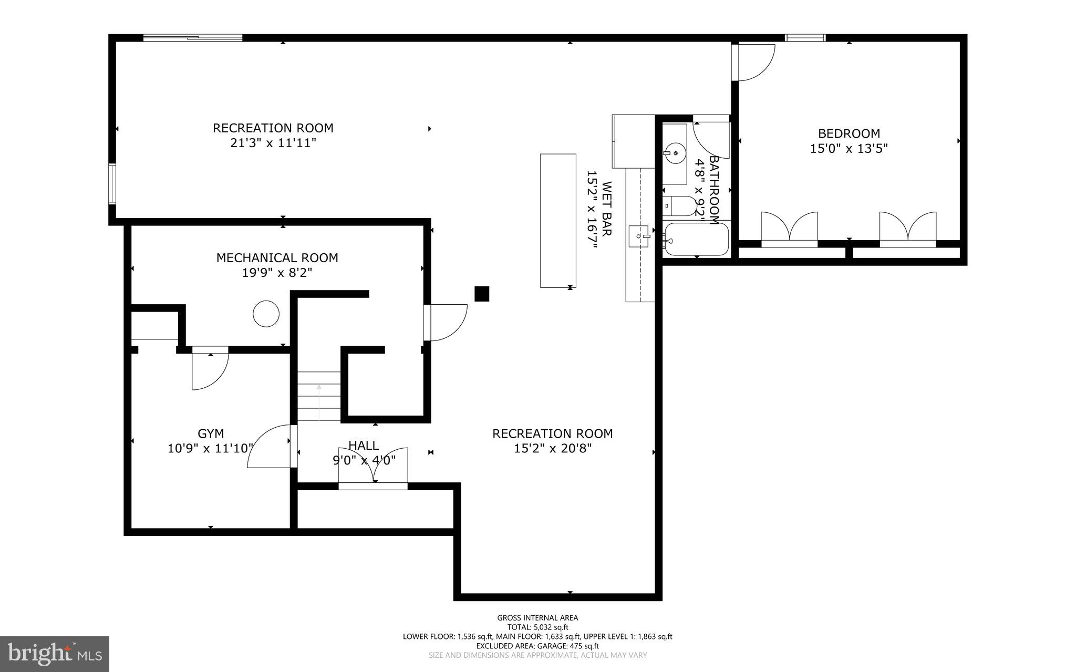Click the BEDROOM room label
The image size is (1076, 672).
point(849,133)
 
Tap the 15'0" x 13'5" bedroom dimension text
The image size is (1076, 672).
point(849,149)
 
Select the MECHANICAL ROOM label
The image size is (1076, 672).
point(277,258)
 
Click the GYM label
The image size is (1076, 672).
point(211,433)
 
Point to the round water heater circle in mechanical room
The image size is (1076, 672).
point(266,314)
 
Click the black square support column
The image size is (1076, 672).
point(482,294)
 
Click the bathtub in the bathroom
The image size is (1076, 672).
point(696,240)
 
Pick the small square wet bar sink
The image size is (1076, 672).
point(640,236)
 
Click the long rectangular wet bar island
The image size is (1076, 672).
point(558,221)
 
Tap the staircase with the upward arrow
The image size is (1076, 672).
point(319,396)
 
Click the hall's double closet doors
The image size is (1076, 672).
point(373,467)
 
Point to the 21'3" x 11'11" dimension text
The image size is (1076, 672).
point(273,143)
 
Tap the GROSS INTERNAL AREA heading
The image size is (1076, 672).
point(537,618)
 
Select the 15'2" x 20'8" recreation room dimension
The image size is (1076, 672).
point(552,448)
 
